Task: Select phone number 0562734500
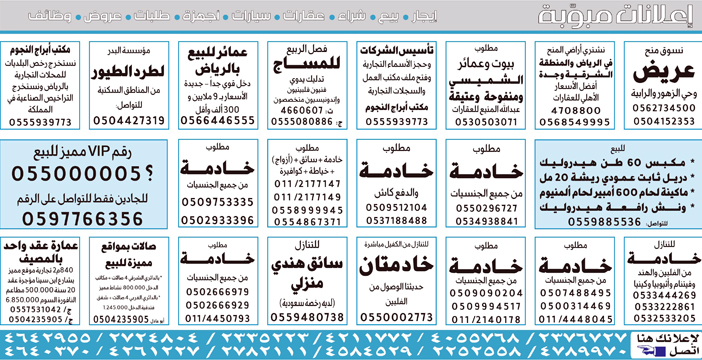point(658,106)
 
